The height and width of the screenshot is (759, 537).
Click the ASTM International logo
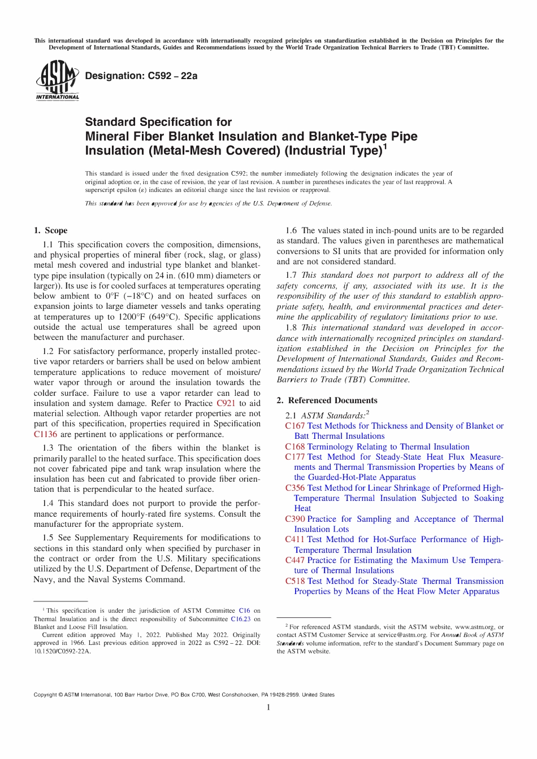57,80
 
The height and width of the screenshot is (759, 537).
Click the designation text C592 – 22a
141,76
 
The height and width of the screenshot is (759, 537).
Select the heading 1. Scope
50,230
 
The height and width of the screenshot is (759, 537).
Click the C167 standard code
295,426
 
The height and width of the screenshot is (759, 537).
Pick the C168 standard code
295,447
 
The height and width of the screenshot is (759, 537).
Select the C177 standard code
295,457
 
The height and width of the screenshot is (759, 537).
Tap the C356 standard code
295,488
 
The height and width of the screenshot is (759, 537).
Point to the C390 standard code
295,519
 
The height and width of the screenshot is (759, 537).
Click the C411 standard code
295,539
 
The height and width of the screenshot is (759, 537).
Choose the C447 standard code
295,560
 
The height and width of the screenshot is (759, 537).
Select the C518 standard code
295,581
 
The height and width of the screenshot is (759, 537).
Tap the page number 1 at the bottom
268,708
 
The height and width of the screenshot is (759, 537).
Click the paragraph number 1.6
291,230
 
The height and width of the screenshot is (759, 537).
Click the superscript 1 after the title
385,146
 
